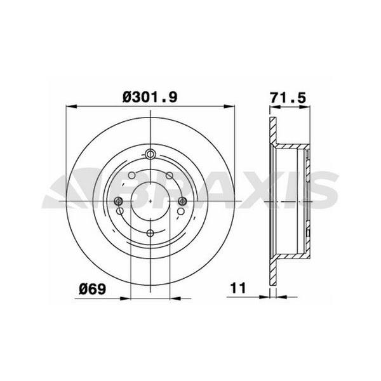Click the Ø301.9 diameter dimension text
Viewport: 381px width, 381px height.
click(150, 97)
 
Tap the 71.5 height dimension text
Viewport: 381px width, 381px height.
click(288, 98)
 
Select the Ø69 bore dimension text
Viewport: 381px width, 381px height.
click(93, 289)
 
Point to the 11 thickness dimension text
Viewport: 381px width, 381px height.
click(238, 288)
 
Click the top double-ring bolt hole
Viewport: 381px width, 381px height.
click(150, 154)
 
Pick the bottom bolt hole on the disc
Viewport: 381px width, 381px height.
click(150, 233)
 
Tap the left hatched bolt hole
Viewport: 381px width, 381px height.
click(119, 201)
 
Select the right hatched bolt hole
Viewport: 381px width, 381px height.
click(182, 201)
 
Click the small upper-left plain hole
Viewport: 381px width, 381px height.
click(131, 175)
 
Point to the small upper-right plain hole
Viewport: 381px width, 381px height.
click(170, 175)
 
